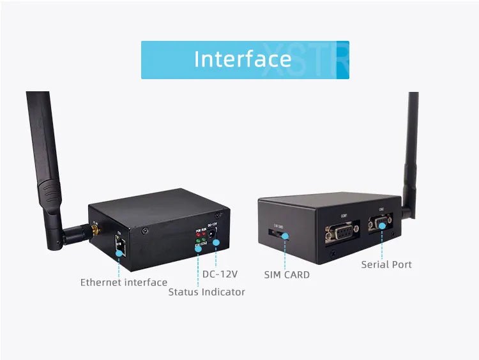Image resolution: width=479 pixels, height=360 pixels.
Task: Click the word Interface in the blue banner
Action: (242, 59)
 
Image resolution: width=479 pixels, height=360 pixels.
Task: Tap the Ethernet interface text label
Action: (123, 282)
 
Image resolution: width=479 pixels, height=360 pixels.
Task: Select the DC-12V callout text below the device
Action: (220, 274)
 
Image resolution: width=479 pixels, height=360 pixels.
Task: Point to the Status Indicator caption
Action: (206, 292)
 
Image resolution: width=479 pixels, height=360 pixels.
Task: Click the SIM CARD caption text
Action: (287, 274)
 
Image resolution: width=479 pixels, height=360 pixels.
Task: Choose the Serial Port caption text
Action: (386, 264)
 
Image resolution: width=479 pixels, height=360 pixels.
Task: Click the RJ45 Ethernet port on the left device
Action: (119, 245)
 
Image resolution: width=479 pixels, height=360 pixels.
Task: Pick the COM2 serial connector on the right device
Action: (381, 225)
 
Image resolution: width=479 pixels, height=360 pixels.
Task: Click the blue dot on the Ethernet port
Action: (119, 252)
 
